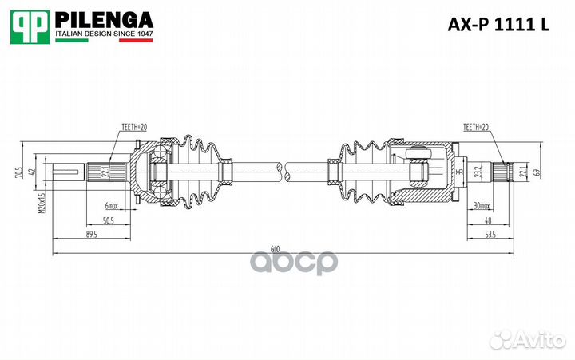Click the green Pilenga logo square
click(x=29, y=26)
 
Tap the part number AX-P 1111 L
click(x=496, y=25)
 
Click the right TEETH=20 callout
click(x=477, y=127)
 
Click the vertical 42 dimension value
click(x=32, y=171)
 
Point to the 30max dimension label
click(x=480, y=205)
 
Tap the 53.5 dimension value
click(x=490, y=235)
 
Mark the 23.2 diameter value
click(x=477, y=171)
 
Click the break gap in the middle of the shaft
click(x=282, y=167)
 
